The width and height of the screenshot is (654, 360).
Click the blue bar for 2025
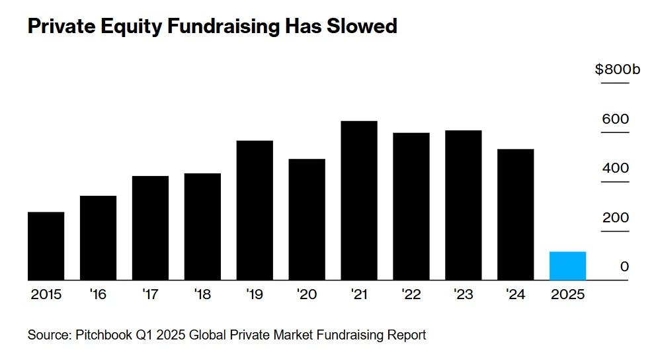click(x=567, y=266)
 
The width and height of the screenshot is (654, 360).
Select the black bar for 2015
click(x=46, y=246)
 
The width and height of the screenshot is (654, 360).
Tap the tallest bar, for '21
click(x=359, y=201)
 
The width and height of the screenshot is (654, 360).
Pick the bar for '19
click(x=255, y=210)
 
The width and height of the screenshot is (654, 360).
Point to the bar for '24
click(x=515, y=214)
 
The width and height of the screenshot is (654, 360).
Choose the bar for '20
click(x=307, y=220)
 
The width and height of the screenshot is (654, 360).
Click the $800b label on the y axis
click(x=618, y=69)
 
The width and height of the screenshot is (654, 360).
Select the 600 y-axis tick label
click(x=615, y=119)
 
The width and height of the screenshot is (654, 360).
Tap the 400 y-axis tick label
click(x=615, y=168)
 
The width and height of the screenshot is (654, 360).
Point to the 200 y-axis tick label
click(x=615, y=218)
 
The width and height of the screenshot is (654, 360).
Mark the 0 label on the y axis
click(x=624, y=267)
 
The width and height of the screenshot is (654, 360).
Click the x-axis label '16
click(x=98, y=294)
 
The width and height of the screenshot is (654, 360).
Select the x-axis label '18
click(x=202, y=294)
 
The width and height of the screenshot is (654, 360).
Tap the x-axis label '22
click(x=411, y=294)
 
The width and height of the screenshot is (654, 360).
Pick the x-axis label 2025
click(x=567, y=294)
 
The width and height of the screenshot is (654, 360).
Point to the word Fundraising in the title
click(x=211, y=26)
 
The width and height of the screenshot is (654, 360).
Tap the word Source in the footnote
click(x=47, y=335)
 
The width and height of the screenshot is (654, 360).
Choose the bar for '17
click(x=150, y=228)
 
